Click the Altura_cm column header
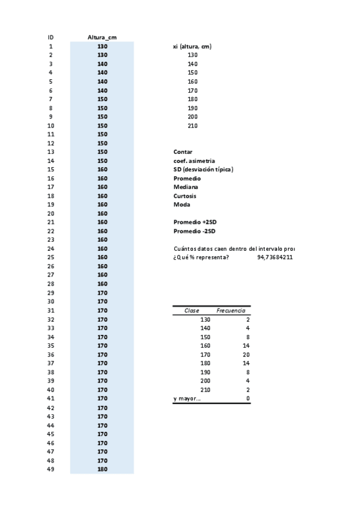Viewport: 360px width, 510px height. (102, 37)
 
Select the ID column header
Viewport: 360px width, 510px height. (50, 37)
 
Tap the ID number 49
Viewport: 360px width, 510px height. (50, 469)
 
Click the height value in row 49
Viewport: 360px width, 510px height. (102, 469)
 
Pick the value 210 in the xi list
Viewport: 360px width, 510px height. (192, 126)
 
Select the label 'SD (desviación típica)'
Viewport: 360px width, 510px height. (203, 170)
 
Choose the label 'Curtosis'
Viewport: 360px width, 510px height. (185, 196)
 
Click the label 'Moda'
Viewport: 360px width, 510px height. (182, 204)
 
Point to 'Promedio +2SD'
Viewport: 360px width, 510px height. (194, 223)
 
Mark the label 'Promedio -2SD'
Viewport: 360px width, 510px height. (194, 231)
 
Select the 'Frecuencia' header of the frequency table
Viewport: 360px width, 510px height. (230, 310)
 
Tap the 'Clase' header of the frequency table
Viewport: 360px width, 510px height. (192, 310)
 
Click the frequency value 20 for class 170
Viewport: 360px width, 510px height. (245, 354)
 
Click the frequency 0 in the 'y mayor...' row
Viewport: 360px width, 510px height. (248, 398)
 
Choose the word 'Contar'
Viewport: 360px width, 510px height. (183, 152)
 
